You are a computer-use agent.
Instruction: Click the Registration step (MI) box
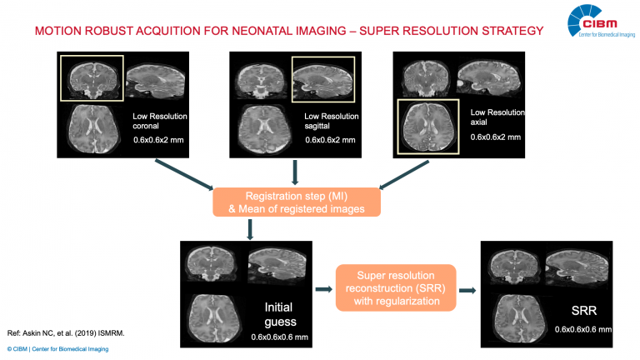click(x=297, y=201)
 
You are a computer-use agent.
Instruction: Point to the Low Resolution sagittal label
click(x=331, y=121)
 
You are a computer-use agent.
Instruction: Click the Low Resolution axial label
click(x=497, y=117)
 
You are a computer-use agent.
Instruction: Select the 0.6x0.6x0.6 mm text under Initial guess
click(x=279, y=337)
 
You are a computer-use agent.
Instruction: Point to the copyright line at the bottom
click(x=57, y=349)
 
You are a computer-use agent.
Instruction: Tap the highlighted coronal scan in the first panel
click(x=92, y=77)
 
